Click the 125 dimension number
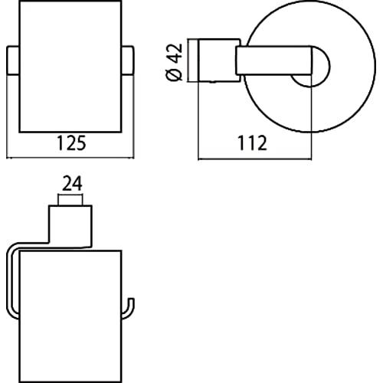[x=71, y=143]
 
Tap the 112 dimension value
[x=253, y=143]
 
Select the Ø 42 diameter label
[x=175, y=62]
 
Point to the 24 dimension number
[x=72, y=183]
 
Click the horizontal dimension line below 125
[x=70, y=158]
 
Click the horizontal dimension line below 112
[x=255, y=159]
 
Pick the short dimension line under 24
[x=70, y=195]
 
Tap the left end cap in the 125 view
[x=13, y=61]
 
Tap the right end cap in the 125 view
[x=128, y=61]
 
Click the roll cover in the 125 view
[x=70, y=67]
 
